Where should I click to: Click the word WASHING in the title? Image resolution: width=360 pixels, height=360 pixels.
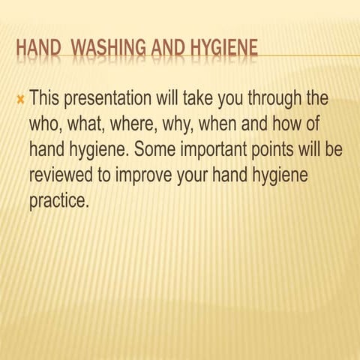pos(111,49)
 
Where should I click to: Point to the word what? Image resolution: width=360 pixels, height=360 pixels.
pos(88,124)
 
